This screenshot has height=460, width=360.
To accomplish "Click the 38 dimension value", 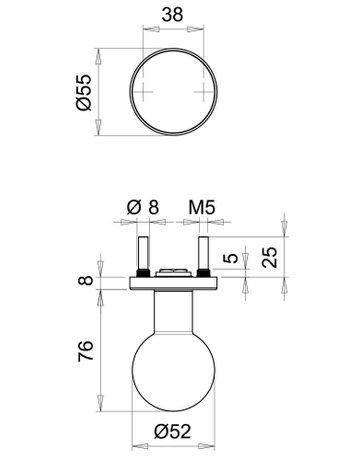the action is coord(173,15).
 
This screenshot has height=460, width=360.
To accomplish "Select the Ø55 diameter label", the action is coord(83,92).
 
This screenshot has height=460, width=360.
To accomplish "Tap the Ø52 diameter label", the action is coord(173,431).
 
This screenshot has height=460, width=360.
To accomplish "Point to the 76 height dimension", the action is coord(85,351).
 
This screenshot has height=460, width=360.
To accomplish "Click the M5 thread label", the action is coord(202,207).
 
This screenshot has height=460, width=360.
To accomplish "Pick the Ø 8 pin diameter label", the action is coord(143,207).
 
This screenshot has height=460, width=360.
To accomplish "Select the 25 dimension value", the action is coord(269,257).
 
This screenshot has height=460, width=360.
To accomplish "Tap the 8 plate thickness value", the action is coord(85,279).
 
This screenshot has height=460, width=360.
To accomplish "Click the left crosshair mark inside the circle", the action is coord(143,91).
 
